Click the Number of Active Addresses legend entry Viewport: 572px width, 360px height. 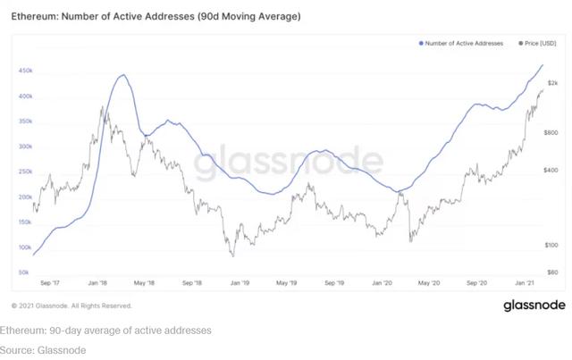point(463,43)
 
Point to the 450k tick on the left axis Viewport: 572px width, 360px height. point(25,71)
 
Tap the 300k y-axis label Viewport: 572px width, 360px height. point(25,147)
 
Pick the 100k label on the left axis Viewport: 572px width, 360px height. point(25,247)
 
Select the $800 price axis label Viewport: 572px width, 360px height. point(552,132)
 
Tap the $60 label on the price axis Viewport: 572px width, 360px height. point(552,272)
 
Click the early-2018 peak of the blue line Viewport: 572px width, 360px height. point(124,75)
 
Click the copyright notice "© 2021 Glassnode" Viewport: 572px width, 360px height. point(71,306)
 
